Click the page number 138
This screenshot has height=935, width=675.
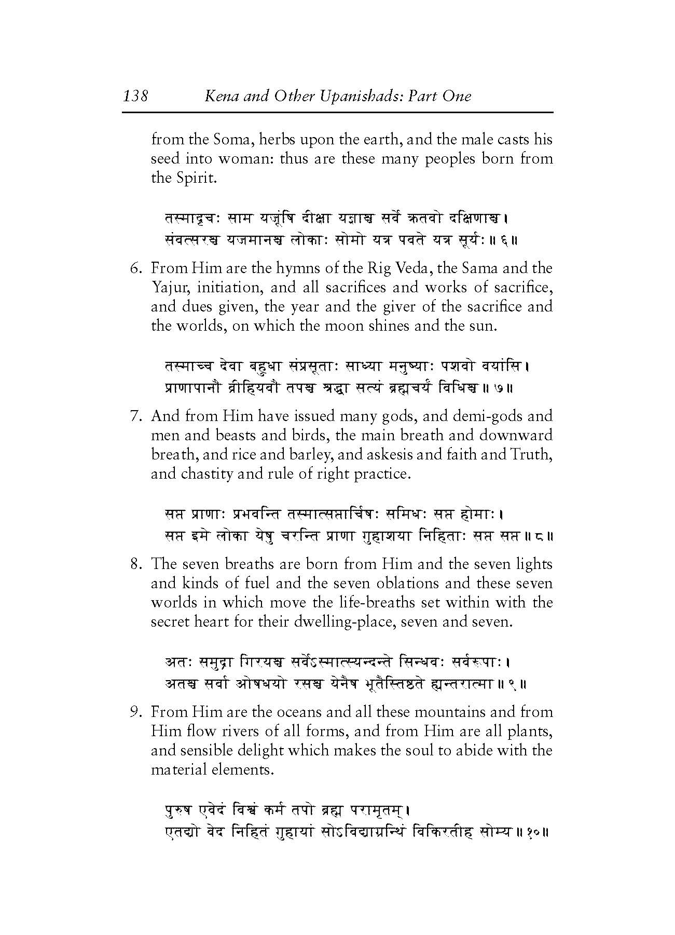tap(136, 96)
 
